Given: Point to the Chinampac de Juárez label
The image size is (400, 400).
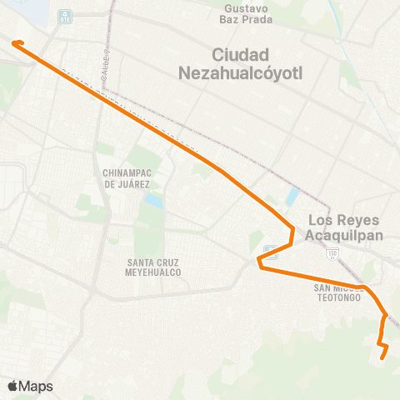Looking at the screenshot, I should tap(126, 177).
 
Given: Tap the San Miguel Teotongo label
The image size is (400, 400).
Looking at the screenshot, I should tap(337, 292).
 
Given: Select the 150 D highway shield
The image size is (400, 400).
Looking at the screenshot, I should tap(332, 251).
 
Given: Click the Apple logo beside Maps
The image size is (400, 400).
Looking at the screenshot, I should tap(12, 386).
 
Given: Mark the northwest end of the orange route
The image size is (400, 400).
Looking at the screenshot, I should tap(15, 42).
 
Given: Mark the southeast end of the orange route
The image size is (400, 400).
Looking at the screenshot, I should tap(382, 357).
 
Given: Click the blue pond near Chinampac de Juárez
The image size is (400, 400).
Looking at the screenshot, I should tap(152, 201).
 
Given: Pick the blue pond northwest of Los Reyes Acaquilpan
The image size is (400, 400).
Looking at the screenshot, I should tap(292, 197).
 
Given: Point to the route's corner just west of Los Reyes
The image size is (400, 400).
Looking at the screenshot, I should tap(292, 228).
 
